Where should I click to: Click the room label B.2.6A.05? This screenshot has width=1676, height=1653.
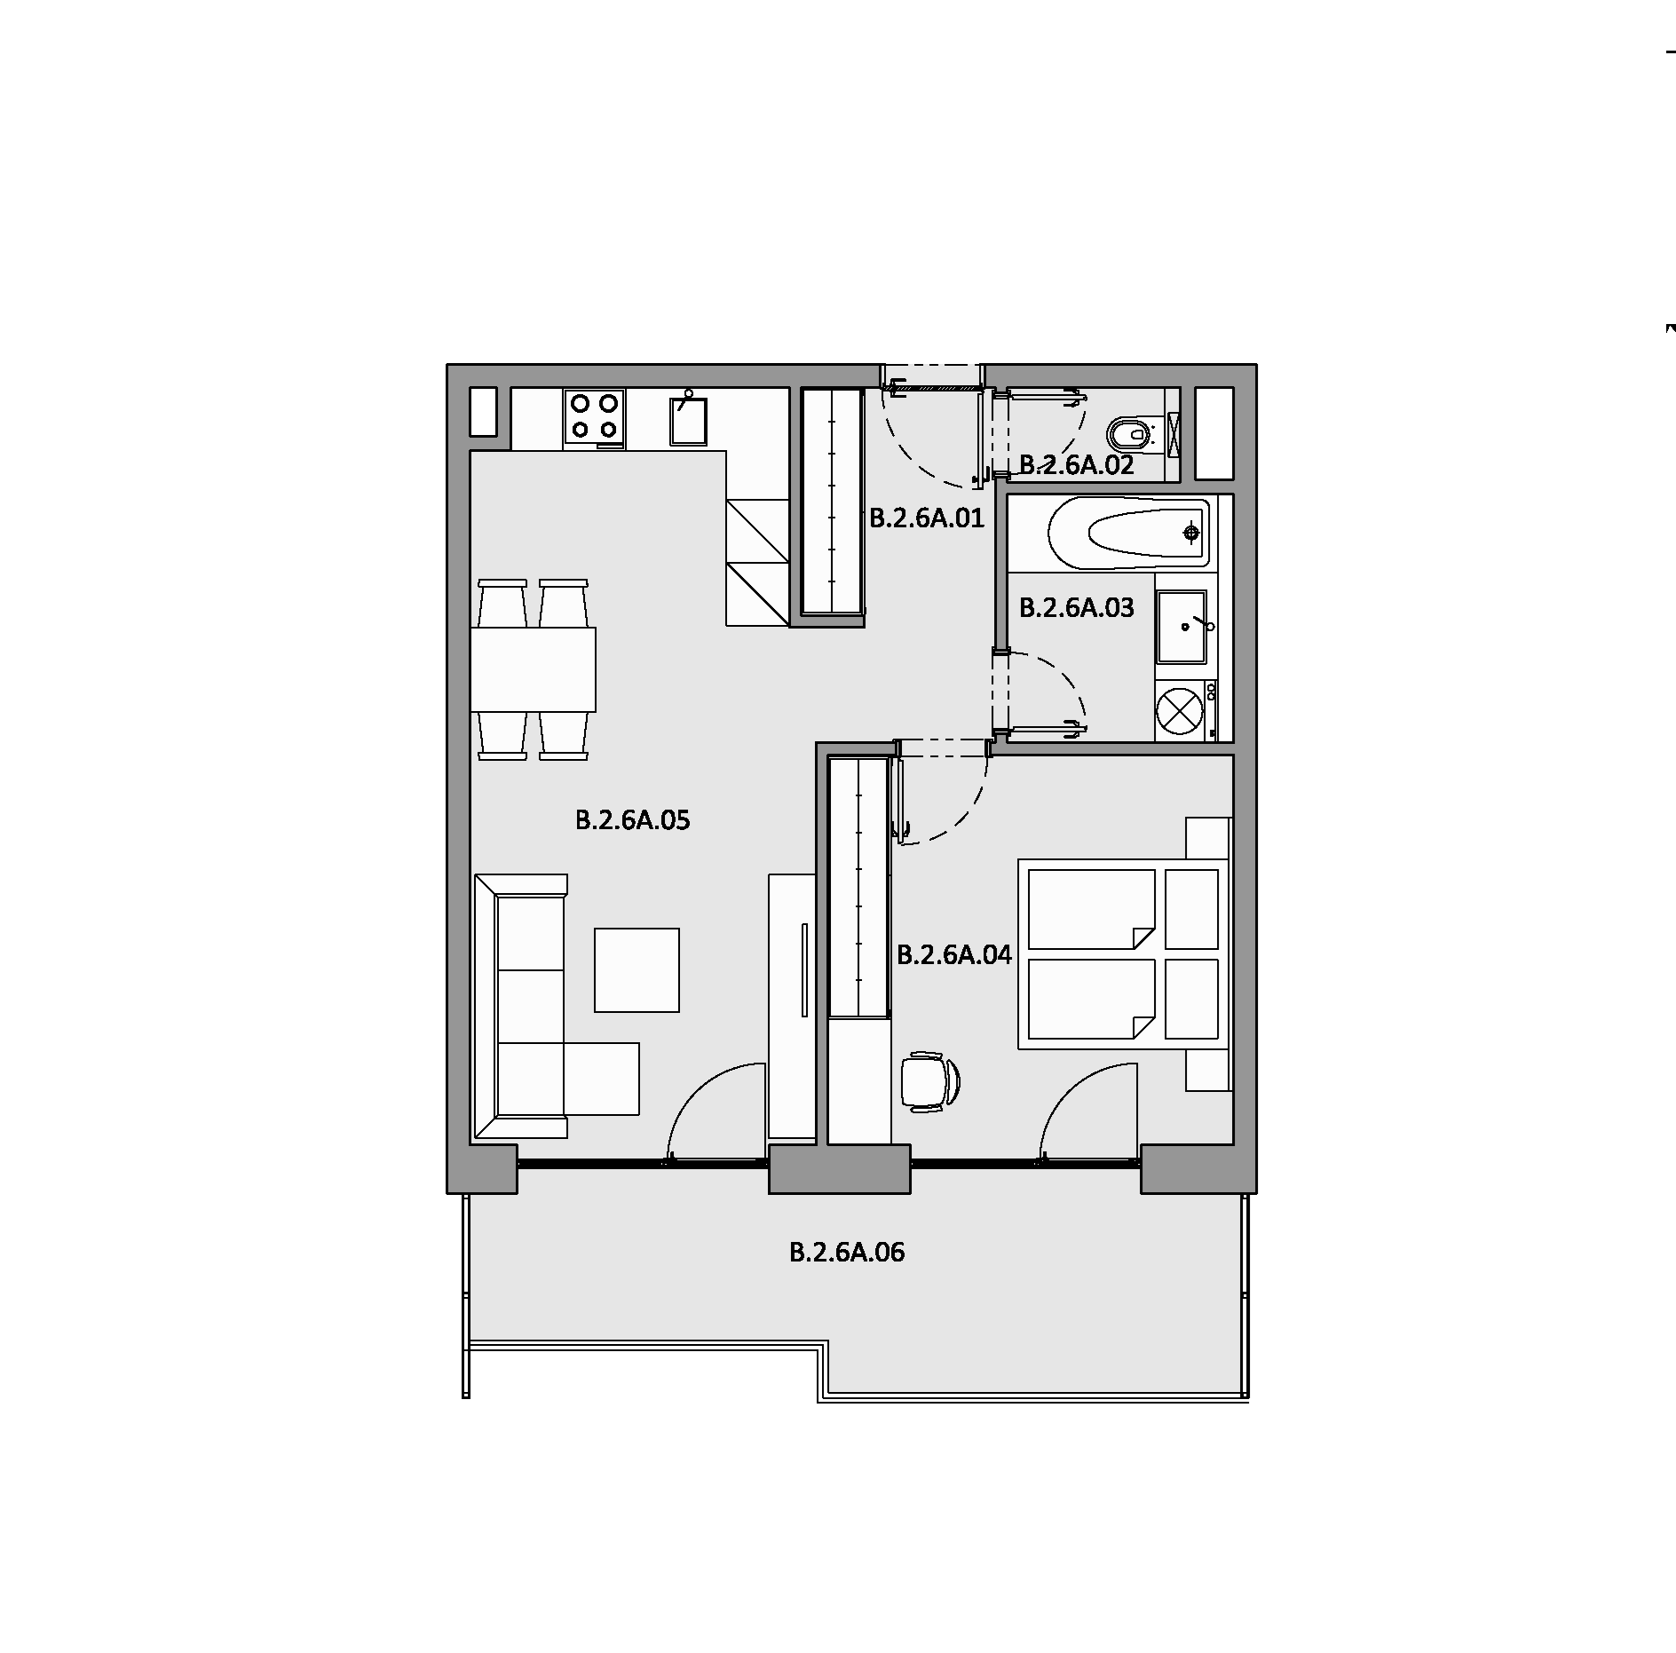(632, 820)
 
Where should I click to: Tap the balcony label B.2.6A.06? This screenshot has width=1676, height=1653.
(847, 1253)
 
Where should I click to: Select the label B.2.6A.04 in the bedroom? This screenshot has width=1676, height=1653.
(954, 955)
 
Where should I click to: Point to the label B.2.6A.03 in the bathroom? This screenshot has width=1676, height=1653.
(1076, 608)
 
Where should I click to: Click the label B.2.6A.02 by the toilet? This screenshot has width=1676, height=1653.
(1076, 465)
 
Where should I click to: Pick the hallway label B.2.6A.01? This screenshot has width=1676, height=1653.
(927, 518)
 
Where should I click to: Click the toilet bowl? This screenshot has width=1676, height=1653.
(1133, 435)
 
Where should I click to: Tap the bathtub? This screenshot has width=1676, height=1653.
(1128, 533)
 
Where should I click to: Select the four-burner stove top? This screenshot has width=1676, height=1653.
(594, 417)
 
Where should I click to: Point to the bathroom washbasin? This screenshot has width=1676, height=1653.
(1182, 627)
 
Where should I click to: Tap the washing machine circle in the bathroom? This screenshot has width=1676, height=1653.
(1180, 711)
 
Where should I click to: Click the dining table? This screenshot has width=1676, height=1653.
(533, 669)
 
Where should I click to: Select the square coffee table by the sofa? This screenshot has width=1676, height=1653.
(636, 970)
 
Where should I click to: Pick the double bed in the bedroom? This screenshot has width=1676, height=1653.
(1124, 954)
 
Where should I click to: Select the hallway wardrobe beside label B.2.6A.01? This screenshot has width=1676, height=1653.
(833, 502)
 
